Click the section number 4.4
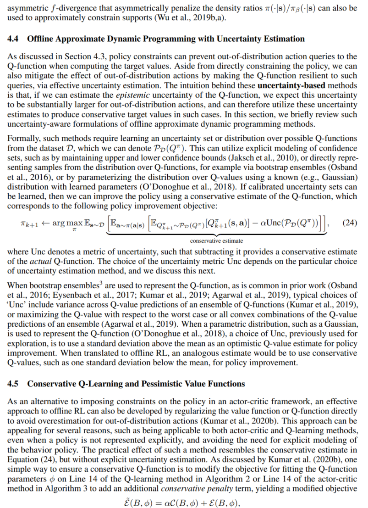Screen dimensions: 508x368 [x=13, y=39]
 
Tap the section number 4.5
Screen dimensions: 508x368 [x=13, y=384]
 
